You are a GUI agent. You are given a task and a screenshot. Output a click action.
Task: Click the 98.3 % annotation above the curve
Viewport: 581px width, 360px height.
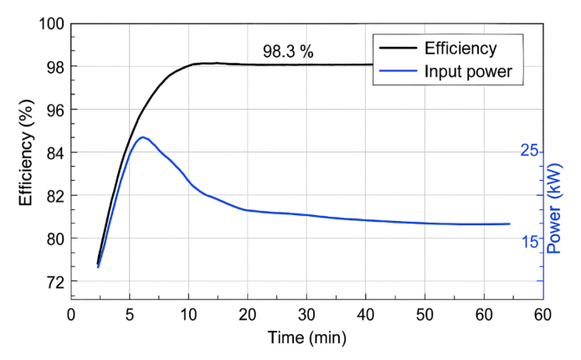tap(288, 52)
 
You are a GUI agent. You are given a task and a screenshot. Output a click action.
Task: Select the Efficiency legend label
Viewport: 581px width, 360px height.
tap(460, 48)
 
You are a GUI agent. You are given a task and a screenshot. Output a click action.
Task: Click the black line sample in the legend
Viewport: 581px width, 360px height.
tap(398, 48)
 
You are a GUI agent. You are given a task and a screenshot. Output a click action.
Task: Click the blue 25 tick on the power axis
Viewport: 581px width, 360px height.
tap(529, 151)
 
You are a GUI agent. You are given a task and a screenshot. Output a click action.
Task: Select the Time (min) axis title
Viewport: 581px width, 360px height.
tap(306, 338)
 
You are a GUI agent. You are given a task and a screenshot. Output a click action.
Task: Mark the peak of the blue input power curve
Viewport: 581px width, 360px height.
tap(143, 137)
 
